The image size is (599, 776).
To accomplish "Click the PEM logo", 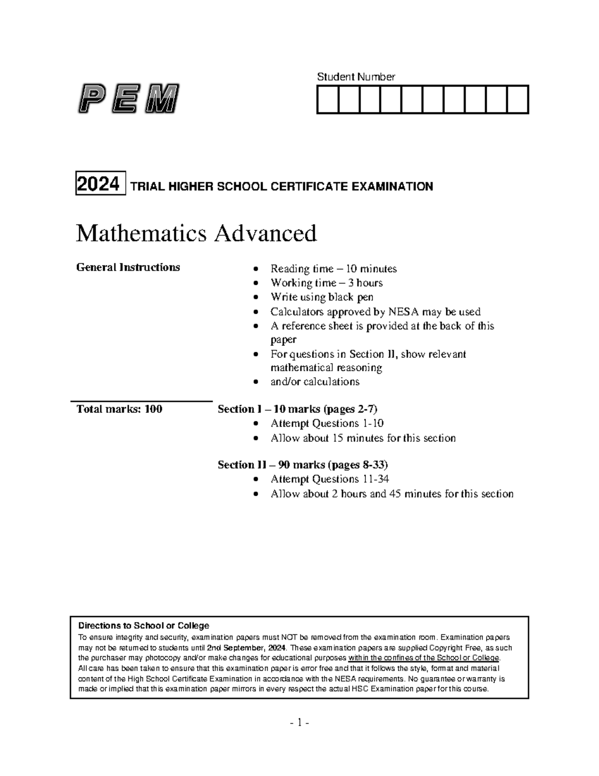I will click(128, 99).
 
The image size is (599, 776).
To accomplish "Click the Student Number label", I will click(356, 76).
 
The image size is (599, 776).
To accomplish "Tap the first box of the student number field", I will click(327, 99).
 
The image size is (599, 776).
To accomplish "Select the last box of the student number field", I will click(518, 99).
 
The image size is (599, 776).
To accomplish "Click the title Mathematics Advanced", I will click(196, 233).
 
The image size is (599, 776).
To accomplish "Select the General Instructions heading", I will click(128, 267).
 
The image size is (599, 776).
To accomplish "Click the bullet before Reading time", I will click(256, 269).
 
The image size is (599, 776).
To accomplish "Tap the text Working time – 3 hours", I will click(326, 283).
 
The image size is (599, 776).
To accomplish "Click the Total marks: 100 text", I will click(119, 409).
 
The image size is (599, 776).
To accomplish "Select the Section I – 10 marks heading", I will click(298, 409).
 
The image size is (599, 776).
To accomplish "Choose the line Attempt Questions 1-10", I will click(327, 423).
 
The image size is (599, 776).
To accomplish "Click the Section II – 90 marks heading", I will click(302, 465).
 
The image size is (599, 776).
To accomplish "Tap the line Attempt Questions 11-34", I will click(329, 479).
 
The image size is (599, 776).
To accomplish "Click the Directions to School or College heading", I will click(144, 626).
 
